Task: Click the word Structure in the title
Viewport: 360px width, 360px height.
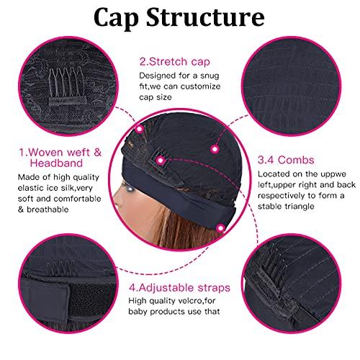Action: [205, 17]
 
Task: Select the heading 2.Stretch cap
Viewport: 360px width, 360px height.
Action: [175, 62]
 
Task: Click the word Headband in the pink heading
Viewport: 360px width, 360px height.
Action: [56, 163]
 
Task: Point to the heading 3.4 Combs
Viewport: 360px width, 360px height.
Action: [286, 160]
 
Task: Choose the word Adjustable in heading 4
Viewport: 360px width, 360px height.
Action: [166, 288]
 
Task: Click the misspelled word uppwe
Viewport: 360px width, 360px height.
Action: [334, 174]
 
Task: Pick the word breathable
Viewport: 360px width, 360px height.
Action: [48, 210]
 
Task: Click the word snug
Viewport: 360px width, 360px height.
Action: [210, 76]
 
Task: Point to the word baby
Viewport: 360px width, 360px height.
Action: [138, 312]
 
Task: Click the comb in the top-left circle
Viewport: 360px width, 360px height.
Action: [67, 87]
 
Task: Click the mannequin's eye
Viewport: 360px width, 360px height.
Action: [130, 189]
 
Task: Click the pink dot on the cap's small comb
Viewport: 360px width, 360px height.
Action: [161, 161]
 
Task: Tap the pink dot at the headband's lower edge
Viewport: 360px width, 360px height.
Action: [220, 229]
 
